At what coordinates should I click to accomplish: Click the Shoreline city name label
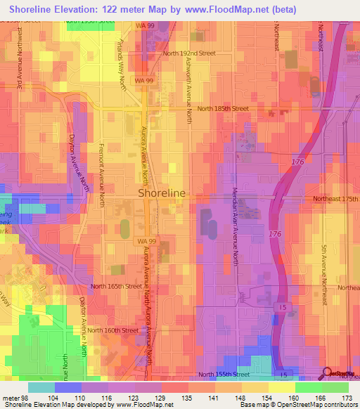[162, 193]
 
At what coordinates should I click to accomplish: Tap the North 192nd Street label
[188, 53]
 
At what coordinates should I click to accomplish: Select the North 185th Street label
[223, 109]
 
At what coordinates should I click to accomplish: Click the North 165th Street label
[117, 287]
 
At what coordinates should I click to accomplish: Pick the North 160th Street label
[114, 330]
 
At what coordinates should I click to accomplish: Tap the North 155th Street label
[224, 375]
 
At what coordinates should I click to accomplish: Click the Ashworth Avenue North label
[189, 91]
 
